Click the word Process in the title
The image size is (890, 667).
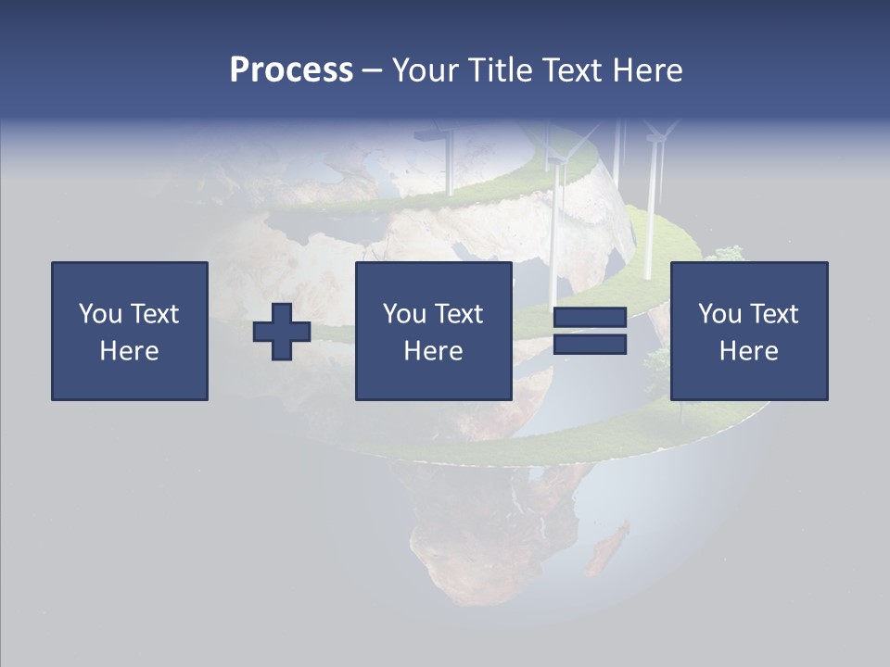(291, 69)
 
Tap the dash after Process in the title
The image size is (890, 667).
(372, 70)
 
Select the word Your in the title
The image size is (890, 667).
(423, 69)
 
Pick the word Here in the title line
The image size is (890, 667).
(648, 69)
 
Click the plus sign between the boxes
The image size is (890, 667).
(282, 332)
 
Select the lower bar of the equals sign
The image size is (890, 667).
(590, 345)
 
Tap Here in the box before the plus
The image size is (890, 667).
(130, 351)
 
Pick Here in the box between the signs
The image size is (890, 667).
(433, 351)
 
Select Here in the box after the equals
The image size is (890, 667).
(748, 351)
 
